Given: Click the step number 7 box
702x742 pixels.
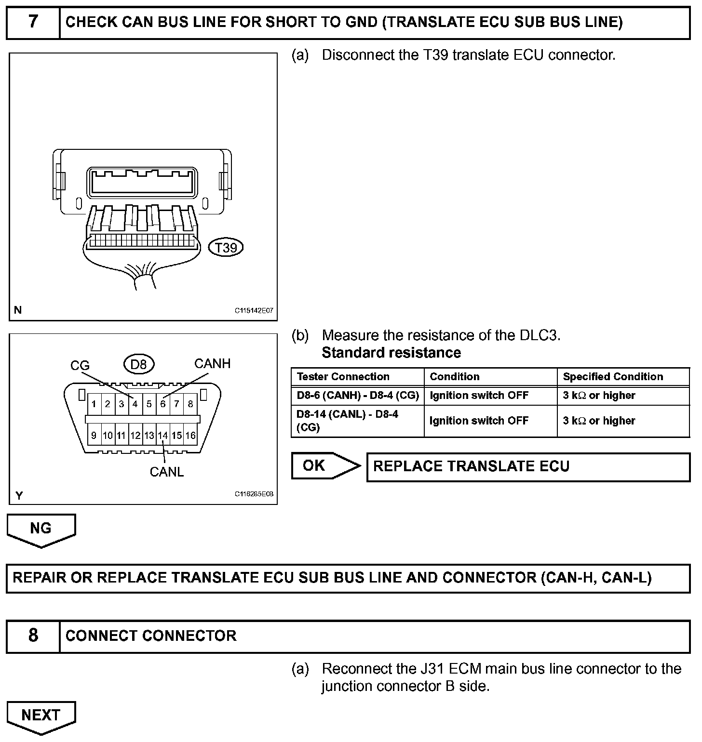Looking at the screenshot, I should [33, 23].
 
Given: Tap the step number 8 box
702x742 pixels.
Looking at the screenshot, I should [33, 636].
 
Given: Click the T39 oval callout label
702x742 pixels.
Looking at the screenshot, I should [226, 248].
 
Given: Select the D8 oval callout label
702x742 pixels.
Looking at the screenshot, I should [138, 364].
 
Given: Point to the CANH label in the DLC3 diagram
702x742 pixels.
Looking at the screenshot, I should [212, 363].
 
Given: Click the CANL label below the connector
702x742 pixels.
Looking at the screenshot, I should [166, 472].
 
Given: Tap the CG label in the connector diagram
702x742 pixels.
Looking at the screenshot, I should [80, 366].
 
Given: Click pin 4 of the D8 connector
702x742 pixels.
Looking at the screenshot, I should [135, 404].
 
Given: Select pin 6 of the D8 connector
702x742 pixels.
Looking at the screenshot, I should [163, 404].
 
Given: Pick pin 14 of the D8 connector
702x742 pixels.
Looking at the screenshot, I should [163, 436].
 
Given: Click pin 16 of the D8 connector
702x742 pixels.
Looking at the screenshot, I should [190, 436].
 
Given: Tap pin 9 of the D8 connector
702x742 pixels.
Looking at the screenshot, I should [94, 436].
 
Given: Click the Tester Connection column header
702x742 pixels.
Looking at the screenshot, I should [343, 377].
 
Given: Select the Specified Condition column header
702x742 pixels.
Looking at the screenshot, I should [613, 377].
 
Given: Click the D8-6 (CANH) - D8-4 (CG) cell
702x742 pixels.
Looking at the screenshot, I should [357, 396].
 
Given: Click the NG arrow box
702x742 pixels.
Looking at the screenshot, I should [41, 529].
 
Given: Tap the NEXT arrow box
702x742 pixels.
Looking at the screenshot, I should [41, 716].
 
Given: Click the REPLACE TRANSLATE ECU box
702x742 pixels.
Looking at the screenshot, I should [528, 467].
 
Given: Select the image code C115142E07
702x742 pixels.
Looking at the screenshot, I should [254, 311].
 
